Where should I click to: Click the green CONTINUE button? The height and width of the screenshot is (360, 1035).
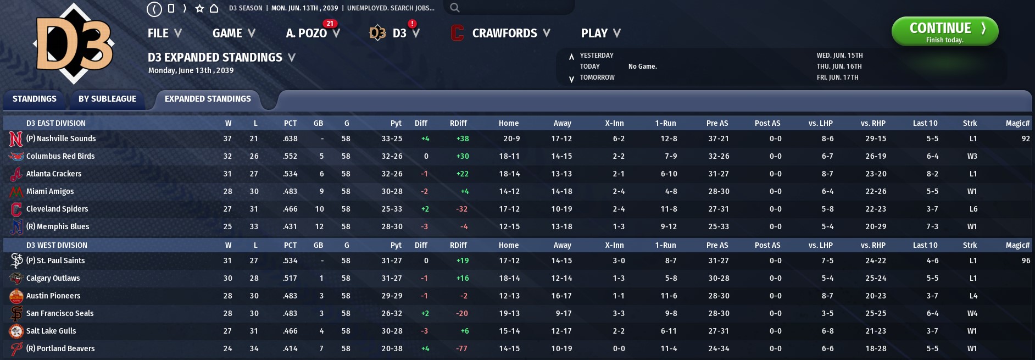[x=944, y=31]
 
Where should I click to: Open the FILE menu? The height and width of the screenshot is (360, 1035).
[x=164, y=34]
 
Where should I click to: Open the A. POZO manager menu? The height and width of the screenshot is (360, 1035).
[x=311, y=34]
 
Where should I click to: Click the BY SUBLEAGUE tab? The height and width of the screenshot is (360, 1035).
[x=107, y=99]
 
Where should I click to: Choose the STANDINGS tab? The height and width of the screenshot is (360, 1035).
[x=34, y=99]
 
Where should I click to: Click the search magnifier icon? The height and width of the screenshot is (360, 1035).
[x=454, y=8]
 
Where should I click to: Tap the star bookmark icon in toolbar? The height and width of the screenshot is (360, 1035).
[x=200, y=8]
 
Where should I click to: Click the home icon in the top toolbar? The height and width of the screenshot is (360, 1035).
[x=214, y=8]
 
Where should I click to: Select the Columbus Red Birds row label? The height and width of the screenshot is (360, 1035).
[x=60, y=156]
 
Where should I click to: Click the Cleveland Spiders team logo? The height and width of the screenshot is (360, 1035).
[x=16, y=209]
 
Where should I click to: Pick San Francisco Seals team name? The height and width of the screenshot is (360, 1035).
[x=60, y=313]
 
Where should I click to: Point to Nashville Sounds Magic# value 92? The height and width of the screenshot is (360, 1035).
[x=1025, y=139]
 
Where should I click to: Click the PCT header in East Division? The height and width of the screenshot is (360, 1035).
[x=290, y=123]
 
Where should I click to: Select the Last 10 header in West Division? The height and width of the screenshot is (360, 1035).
[x=925, y=245]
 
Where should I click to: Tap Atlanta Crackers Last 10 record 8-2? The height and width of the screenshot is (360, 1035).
[x=932, y=174]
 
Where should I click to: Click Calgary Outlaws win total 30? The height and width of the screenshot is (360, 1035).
[x=227, y=278]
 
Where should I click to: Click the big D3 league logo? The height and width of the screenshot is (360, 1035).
[x=74, y=44]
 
